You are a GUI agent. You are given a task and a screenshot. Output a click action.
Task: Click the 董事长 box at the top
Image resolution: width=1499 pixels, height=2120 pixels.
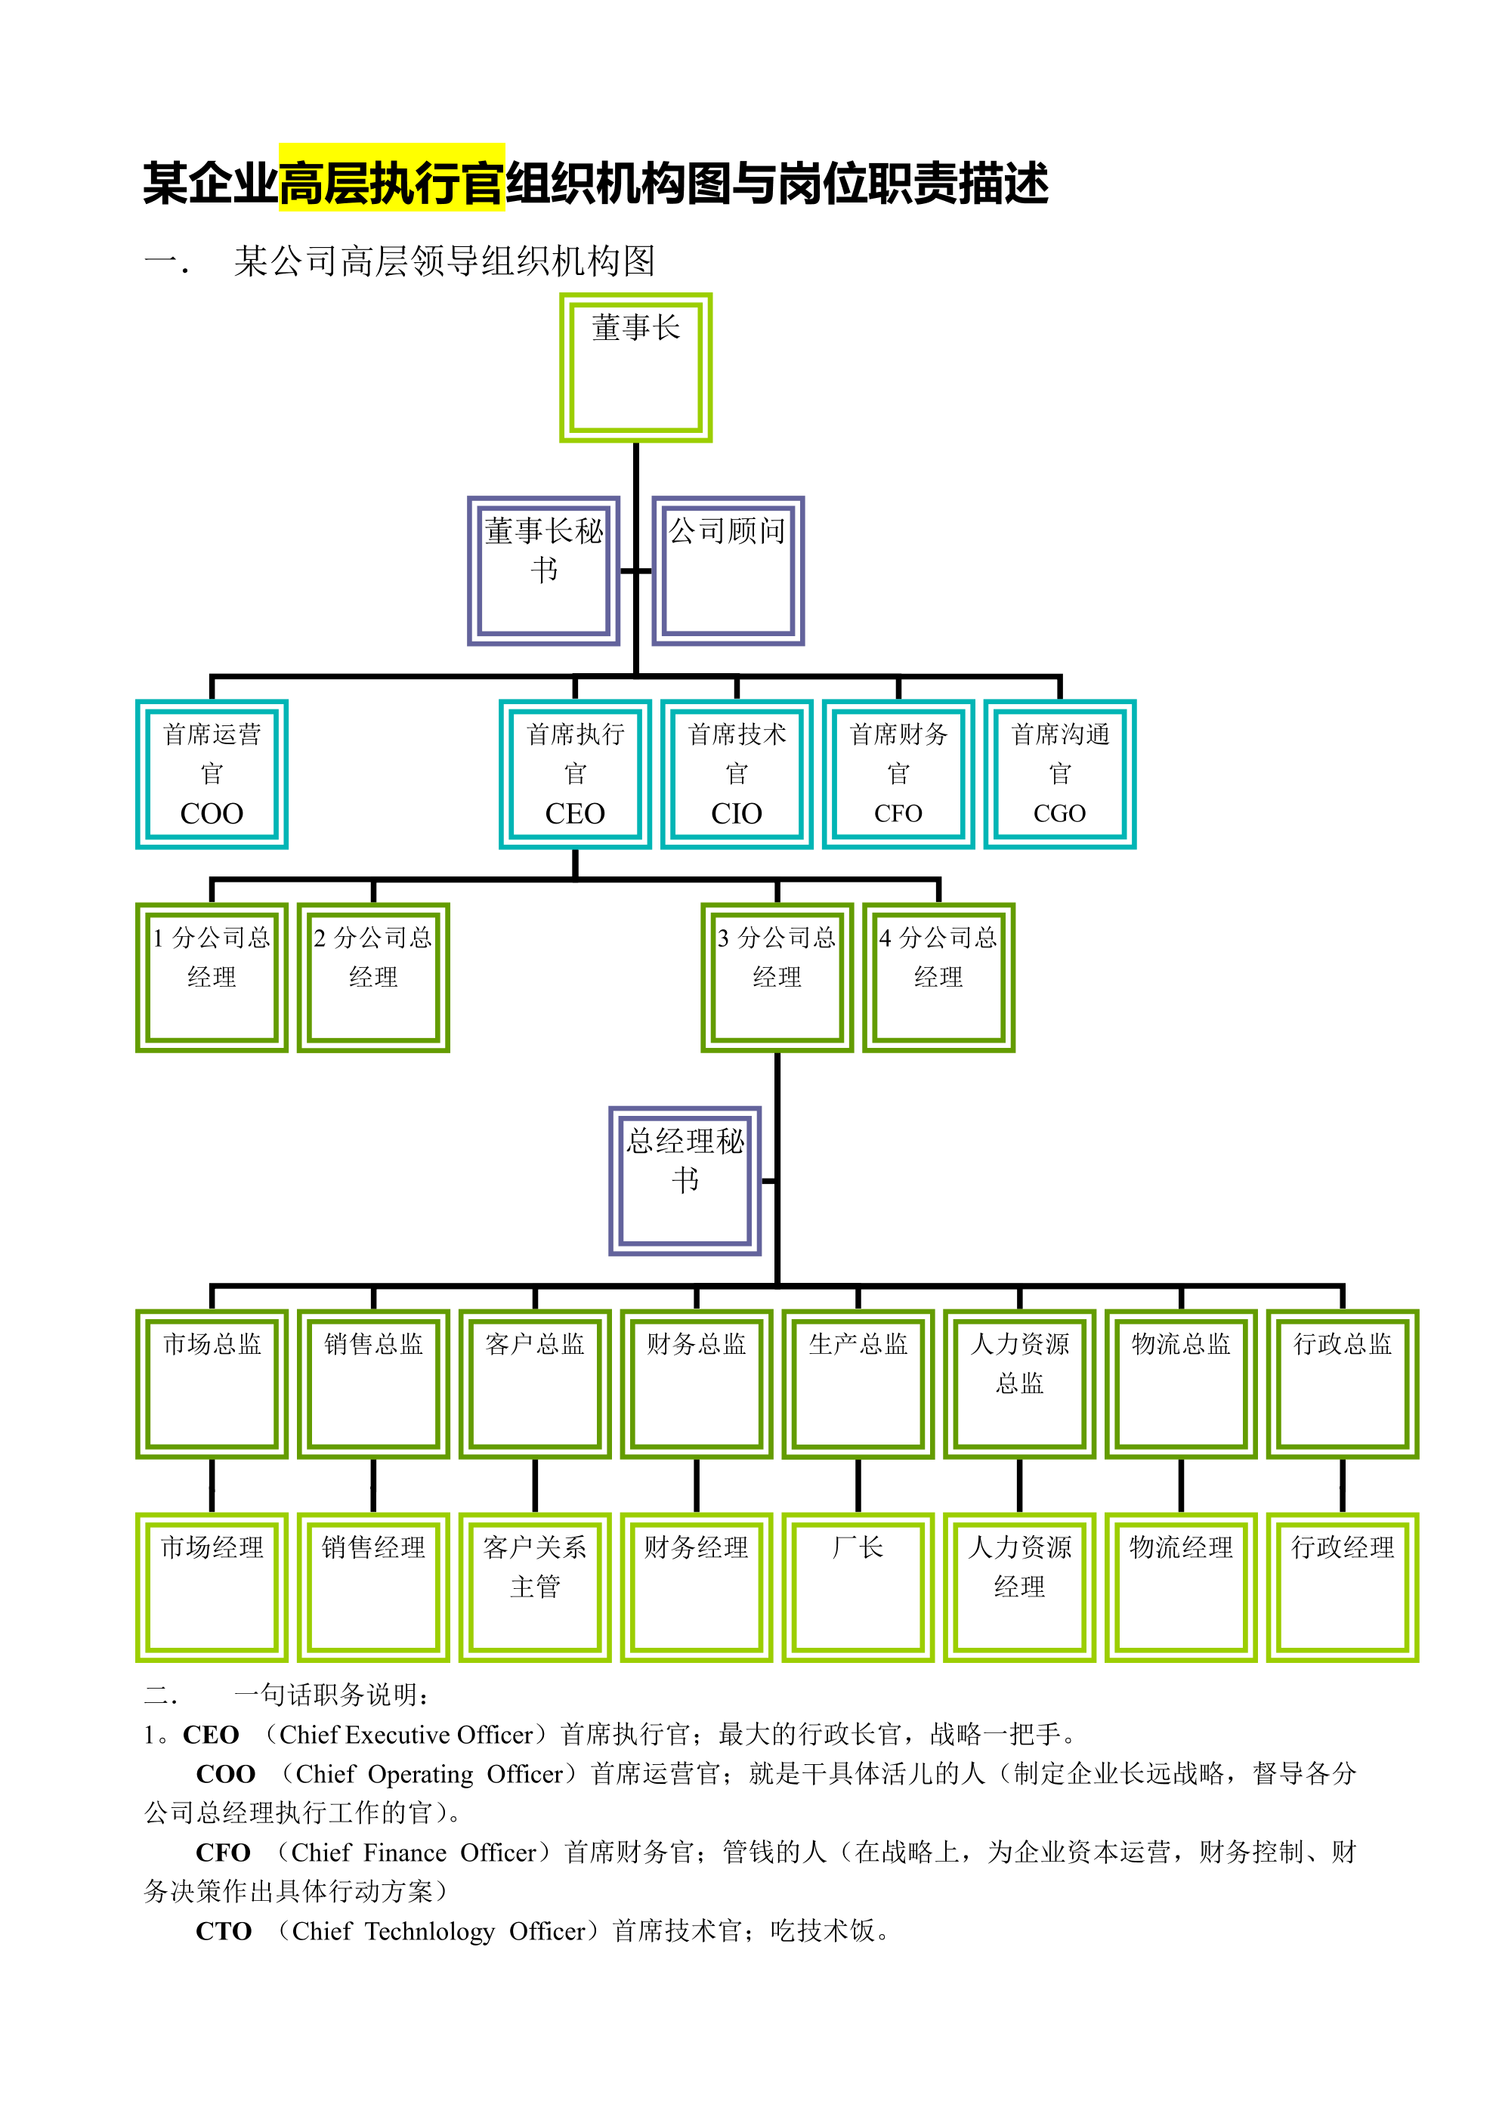635,367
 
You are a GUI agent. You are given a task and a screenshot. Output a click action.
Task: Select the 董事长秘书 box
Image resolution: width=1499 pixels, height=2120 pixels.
543,570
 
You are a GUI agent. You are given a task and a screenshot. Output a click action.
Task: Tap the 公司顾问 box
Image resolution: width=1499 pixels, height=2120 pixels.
728,570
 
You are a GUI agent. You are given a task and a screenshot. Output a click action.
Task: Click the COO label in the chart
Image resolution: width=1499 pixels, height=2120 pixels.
212,814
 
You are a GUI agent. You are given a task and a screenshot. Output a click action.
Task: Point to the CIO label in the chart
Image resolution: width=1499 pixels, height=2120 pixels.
736,814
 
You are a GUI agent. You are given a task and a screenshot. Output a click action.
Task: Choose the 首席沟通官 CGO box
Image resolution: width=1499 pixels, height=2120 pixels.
1059,774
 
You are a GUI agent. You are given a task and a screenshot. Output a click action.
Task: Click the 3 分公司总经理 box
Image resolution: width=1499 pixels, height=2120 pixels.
777,977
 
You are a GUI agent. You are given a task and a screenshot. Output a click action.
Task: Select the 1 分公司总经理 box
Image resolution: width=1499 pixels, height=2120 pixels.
212,977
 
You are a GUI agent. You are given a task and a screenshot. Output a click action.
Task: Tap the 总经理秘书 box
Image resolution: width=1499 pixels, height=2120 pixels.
685,1180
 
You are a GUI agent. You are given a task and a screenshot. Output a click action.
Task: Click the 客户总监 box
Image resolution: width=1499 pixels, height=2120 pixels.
535,1383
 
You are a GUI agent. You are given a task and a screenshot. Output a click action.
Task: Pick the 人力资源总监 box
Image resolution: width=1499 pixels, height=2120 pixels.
1020,1383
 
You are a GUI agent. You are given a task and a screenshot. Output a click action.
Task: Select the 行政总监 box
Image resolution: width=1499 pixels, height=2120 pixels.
1342,1383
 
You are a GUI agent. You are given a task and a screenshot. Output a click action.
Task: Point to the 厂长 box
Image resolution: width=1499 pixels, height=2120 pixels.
858,1587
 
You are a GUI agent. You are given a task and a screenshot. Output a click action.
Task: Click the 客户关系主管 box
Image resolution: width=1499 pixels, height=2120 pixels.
535,1587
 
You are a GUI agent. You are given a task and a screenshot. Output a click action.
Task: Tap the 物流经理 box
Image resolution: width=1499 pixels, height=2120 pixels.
1180,1587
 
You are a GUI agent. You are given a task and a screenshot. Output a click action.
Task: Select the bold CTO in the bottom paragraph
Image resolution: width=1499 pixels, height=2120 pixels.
224,1930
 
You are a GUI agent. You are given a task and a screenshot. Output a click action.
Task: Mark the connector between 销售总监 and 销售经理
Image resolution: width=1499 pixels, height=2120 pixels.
373,1485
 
